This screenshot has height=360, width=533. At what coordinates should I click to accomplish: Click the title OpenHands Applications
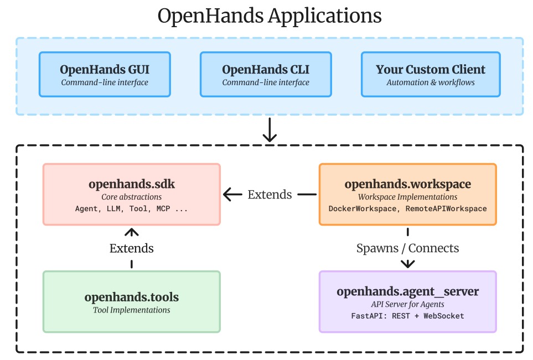point(270,15)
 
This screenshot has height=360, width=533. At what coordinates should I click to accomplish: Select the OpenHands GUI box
point(105,75)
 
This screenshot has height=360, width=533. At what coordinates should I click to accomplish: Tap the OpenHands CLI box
point(266,75)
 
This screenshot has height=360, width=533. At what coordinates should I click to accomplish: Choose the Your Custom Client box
point(431,75)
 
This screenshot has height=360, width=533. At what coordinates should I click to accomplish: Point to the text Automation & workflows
point(430,83)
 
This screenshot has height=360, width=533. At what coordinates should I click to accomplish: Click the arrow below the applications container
point(270,131)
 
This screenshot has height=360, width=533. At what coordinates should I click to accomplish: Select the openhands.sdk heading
point(131,184)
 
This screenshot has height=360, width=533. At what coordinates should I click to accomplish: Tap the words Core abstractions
point(131,197)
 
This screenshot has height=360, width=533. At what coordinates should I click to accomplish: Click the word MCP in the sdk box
point(164,209)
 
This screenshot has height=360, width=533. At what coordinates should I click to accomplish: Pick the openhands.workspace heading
point(407,184)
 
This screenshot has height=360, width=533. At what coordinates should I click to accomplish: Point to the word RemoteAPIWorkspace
point(445,209)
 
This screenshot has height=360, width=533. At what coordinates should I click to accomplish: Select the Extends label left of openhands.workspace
point(270,194)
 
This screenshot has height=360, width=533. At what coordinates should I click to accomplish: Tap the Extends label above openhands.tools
point(131,248)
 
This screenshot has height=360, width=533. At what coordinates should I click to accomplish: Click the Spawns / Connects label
point(407,248)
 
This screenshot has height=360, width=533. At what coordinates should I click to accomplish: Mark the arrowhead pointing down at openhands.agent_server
point(407,264)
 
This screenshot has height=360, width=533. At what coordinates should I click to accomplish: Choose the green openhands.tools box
point(131,301)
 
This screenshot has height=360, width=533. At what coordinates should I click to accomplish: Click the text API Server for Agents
point(407,304)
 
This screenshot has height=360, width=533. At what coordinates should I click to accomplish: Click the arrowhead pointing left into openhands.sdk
point(228,194)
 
